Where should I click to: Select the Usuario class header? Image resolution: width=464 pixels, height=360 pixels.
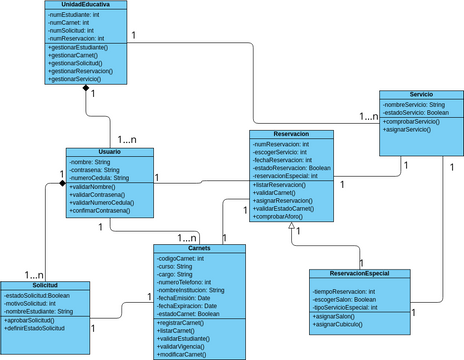109,152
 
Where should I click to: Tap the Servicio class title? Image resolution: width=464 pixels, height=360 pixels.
421,94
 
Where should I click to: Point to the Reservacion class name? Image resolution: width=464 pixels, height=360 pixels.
290,134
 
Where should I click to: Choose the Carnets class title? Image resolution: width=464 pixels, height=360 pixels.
198,248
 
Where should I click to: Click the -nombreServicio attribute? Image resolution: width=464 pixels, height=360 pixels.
412,104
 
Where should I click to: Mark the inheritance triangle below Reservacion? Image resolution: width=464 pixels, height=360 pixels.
290,227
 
